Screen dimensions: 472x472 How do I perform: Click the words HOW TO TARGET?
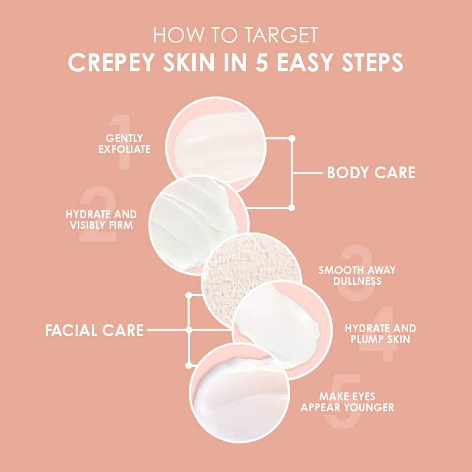coord(236,35)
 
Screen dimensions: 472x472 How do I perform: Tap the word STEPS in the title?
coord(372,62)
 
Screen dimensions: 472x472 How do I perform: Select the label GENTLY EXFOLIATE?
coord(124,144)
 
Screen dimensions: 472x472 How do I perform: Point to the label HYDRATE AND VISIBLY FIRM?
coord(101,220)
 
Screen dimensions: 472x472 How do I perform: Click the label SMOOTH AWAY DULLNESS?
coord(357,275)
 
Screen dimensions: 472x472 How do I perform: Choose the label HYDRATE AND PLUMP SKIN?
coord(381,333)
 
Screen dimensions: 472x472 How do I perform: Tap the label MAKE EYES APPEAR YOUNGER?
coord(347,402)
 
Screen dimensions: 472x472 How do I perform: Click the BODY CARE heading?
coord(371,173)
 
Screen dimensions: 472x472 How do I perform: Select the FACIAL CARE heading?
coord(94,330)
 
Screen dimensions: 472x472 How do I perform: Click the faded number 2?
coord(98,214)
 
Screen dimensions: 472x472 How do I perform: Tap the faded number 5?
coord(343,401)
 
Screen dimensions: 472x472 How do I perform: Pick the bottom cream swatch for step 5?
coord(239,392)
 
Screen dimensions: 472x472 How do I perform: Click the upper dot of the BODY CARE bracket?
coord(292,139)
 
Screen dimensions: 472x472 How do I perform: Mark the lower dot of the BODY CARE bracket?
coord(292,208)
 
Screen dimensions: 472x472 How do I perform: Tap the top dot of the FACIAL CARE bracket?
coord(189,295)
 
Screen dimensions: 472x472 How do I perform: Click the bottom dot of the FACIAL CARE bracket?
coord(189,365)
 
